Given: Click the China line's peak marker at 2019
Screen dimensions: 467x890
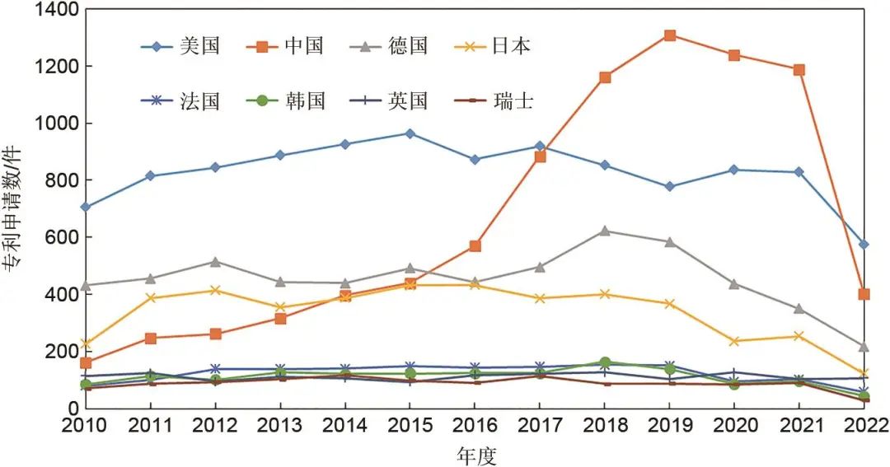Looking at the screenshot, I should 670,35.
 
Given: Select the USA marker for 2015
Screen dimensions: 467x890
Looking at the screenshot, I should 410,133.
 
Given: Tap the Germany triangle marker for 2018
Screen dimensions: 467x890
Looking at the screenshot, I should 605,231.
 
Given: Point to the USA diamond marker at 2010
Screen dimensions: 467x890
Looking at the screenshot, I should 85,207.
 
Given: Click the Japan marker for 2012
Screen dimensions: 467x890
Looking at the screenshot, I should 215,290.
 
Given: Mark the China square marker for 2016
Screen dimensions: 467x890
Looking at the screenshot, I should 475,246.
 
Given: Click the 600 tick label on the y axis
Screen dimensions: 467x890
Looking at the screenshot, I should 63,237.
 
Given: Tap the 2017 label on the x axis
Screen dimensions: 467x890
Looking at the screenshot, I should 540,425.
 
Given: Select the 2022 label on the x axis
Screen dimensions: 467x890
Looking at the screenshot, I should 864,425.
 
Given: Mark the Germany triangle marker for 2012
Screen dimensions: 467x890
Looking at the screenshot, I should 215,262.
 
